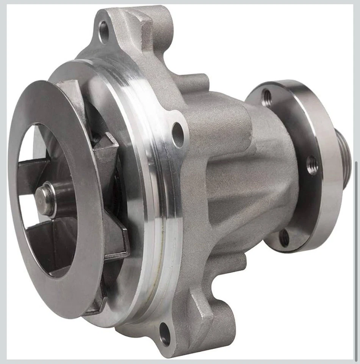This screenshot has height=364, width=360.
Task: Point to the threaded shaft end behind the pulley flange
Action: pyautogui.click(x=344, y=155)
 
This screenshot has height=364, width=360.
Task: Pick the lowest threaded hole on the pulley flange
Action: pyautogui.click(x=283, y=238)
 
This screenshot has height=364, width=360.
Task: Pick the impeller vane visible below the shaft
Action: pyautogui.click(x=42, y=235)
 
